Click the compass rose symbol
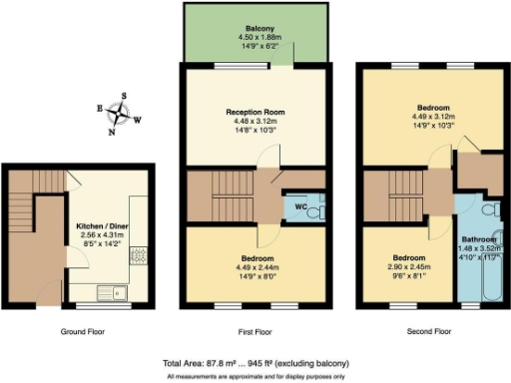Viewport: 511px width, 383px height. click(124, 115)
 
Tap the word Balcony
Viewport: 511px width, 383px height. click(255, 29)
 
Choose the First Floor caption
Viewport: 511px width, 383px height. click(255, 331)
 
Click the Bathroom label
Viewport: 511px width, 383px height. click(479, 240)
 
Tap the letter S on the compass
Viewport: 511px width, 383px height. click(125, 99)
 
